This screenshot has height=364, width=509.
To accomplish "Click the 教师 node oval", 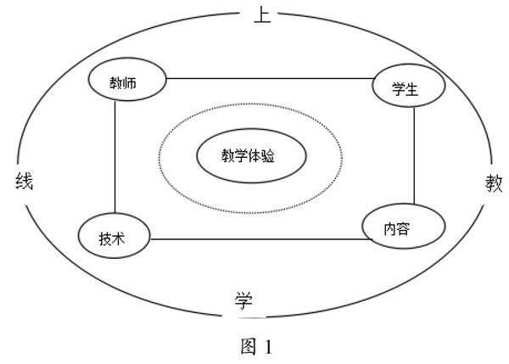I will coord(126,83).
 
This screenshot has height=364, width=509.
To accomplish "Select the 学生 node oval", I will coord(406,87).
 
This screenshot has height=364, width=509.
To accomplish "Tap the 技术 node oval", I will coord(114,238).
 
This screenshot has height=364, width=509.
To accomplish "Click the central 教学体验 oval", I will coord(250,156).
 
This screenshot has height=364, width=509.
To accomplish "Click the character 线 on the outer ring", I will coord(24,180).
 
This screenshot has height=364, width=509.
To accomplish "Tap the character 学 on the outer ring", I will coord(243,300).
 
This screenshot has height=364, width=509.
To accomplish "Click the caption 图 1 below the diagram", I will coord(254,346).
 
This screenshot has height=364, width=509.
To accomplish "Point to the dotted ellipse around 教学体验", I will coord(251,104).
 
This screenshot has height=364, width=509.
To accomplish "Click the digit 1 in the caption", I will coord(269,347).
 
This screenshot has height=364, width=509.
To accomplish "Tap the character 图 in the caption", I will coord(245,346).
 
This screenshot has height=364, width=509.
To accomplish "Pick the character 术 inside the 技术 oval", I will coord(120,238).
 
